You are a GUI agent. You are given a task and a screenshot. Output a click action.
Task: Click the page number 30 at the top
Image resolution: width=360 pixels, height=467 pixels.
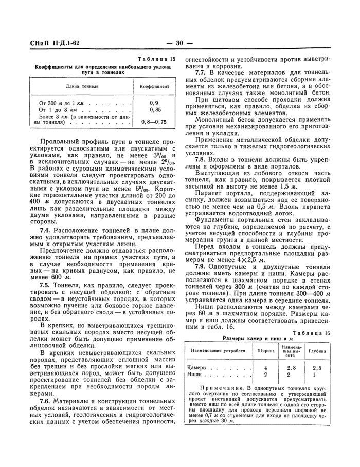[179, 43]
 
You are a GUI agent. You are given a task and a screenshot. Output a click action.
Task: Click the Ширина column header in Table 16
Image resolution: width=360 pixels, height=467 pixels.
[265, 351]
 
